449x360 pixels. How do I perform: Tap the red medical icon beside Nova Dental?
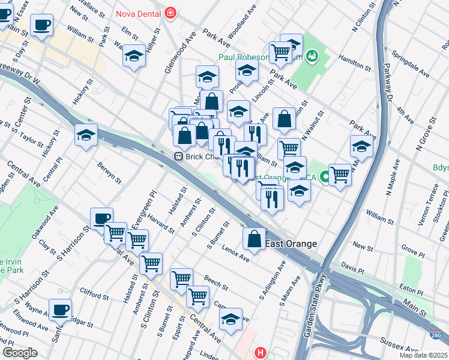click(x=171, y=11)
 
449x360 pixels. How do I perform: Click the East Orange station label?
click(x=291, y=244)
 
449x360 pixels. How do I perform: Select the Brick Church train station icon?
click(x=178, y=156)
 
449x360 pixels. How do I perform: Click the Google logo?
click(x=19, y=352)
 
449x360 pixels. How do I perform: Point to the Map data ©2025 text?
click(x=423, y=355)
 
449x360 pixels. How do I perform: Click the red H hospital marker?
click(x=259, y=352)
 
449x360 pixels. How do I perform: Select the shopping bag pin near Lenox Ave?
click(x=255, y=239)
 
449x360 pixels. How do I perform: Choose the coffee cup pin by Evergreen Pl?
click(x=101, y=218)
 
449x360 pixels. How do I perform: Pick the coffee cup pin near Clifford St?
click(x=60, y=310)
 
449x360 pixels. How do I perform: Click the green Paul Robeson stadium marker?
click(x=311, y=57)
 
